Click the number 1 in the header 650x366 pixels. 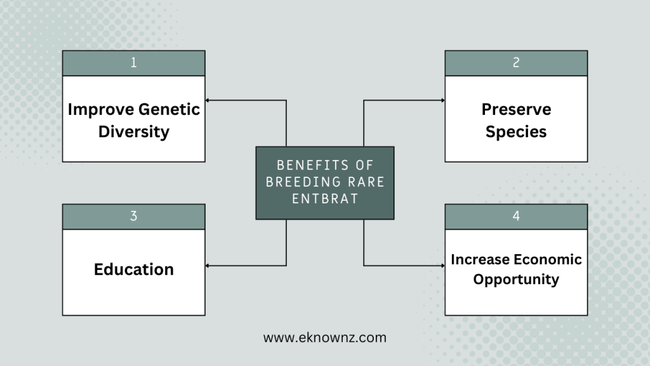[x=133, y=63]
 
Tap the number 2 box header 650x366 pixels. [x=516, y=63]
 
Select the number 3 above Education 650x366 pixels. [x=133, y=216]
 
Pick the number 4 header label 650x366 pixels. [x=516, y=216]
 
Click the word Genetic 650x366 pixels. [x=169, y=109]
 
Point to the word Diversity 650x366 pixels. [x=134, y=132]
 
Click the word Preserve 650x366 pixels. [x=516, y=109]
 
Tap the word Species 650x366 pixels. [x=516, y=132]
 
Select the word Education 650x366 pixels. [x=134, y=269]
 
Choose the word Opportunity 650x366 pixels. [x=516, y=280]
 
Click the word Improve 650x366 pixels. [x=101, y=109]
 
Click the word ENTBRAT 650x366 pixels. [x=325, y=199]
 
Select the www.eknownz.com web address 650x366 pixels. [x=325, y=337]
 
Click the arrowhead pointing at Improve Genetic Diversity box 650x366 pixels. [x=208, y=100]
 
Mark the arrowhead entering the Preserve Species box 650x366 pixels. [x=442, y=100]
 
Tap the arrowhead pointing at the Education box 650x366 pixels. [x=208, y=266]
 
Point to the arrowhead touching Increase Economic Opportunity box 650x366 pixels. [x=442, y=266]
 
